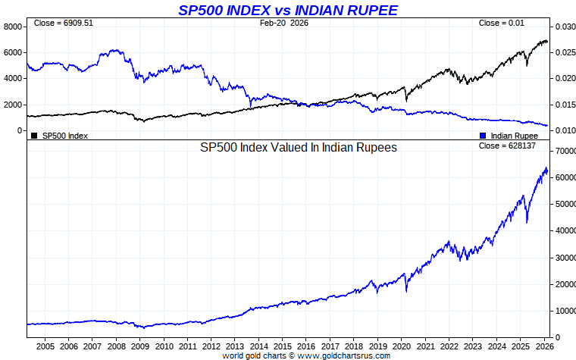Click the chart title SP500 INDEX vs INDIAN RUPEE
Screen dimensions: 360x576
(x=287, y=9)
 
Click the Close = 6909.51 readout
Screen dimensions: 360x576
(x=64, y=23)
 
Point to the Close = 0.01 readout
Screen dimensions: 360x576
(x=502, y=23)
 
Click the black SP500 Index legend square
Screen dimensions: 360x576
(x=34, y=136)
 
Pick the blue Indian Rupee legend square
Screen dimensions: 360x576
(x=483, y=136)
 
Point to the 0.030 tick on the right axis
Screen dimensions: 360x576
(x=566, y=27)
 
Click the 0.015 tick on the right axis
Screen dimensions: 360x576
(x=566, y=105)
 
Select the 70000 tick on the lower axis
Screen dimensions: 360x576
(x=564, y=152)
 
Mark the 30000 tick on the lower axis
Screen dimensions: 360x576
(x=564, y=258)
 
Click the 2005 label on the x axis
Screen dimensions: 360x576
(x=44, y=346)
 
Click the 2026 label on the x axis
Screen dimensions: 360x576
(x=543, y=346)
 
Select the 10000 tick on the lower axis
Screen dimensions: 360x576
(x=564, y=311)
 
